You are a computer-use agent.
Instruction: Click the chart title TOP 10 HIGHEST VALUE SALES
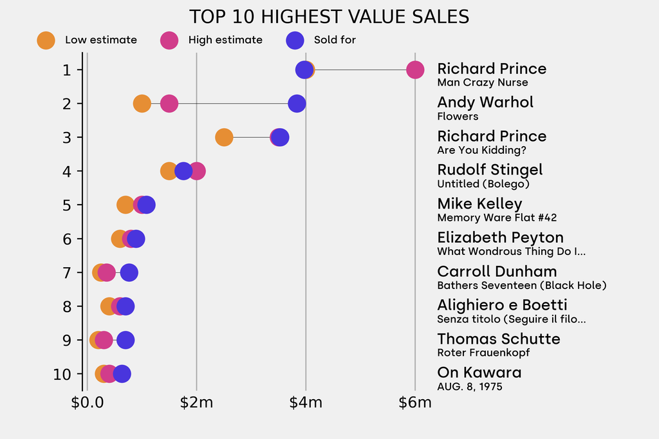point(329,17)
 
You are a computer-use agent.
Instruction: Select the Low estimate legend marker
point(46,40)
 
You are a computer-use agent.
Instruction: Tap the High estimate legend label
point(225,40)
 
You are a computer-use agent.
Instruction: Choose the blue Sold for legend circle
point(294,40)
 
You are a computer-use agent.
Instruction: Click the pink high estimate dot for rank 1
point(415,70)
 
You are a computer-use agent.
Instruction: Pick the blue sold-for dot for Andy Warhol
point(297,103)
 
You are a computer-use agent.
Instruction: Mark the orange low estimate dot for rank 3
point(223,137)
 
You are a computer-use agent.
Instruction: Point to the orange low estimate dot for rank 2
point(142,103)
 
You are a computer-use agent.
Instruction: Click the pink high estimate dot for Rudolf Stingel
point(197,171)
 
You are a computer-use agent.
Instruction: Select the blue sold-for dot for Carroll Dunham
point(129,272)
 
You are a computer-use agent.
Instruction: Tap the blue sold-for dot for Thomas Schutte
point(125,340)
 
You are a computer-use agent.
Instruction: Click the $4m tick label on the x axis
point(306,404)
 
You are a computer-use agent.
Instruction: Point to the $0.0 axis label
point(87,404)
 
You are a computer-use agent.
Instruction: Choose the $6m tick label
point(415,404)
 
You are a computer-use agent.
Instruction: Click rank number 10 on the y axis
point(62,374)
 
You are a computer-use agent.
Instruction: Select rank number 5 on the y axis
point(66,205)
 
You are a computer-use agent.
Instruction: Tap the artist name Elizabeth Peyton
point(500,238)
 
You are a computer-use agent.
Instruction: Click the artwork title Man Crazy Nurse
point(482,82)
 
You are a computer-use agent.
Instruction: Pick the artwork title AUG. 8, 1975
point(469,387)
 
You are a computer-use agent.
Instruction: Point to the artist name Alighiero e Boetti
point(502,305)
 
